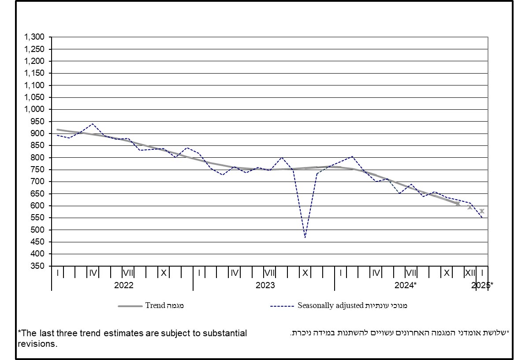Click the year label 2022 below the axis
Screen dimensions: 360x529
(123, 285)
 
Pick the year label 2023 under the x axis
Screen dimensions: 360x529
(265, 285)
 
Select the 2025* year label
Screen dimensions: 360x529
(482, 285)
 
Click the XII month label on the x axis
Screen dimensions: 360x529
(470, 273)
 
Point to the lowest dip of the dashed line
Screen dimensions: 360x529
(305, 238)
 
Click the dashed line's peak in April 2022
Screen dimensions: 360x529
(92, 124)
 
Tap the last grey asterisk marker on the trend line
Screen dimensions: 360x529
(482, 211)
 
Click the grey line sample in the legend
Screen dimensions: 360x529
(130, 306)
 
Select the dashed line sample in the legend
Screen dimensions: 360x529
(282, 306)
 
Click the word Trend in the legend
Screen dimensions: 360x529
(155, 305)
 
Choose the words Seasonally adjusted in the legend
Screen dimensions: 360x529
(330, 305)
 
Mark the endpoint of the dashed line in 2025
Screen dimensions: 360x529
(482, 218)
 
